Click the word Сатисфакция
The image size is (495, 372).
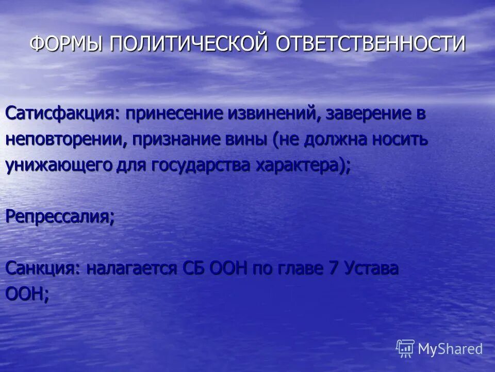(61, 114)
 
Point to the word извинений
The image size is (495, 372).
(276, 114)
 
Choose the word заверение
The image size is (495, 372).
(367, 114)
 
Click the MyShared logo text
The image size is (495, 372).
(450, 349)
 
